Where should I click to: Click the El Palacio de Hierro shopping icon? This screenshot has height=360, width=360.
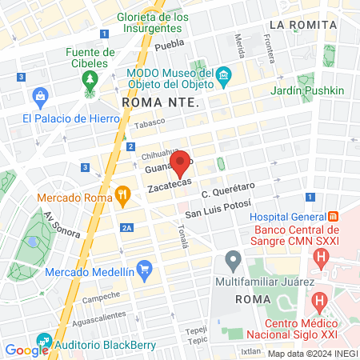[38, 98]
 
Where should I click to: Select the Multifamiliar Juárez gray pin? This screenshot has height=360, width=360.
[233, 259]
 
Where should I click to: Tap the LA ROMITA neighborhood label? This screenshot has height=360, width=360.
[303, 25]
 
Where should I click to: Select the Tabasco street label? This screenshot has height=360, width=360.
[149, 122]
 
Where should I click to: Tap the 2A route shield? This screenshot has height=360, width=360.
[126, 228]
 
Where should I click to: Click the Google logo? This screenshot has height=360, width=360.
[26, 350]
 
